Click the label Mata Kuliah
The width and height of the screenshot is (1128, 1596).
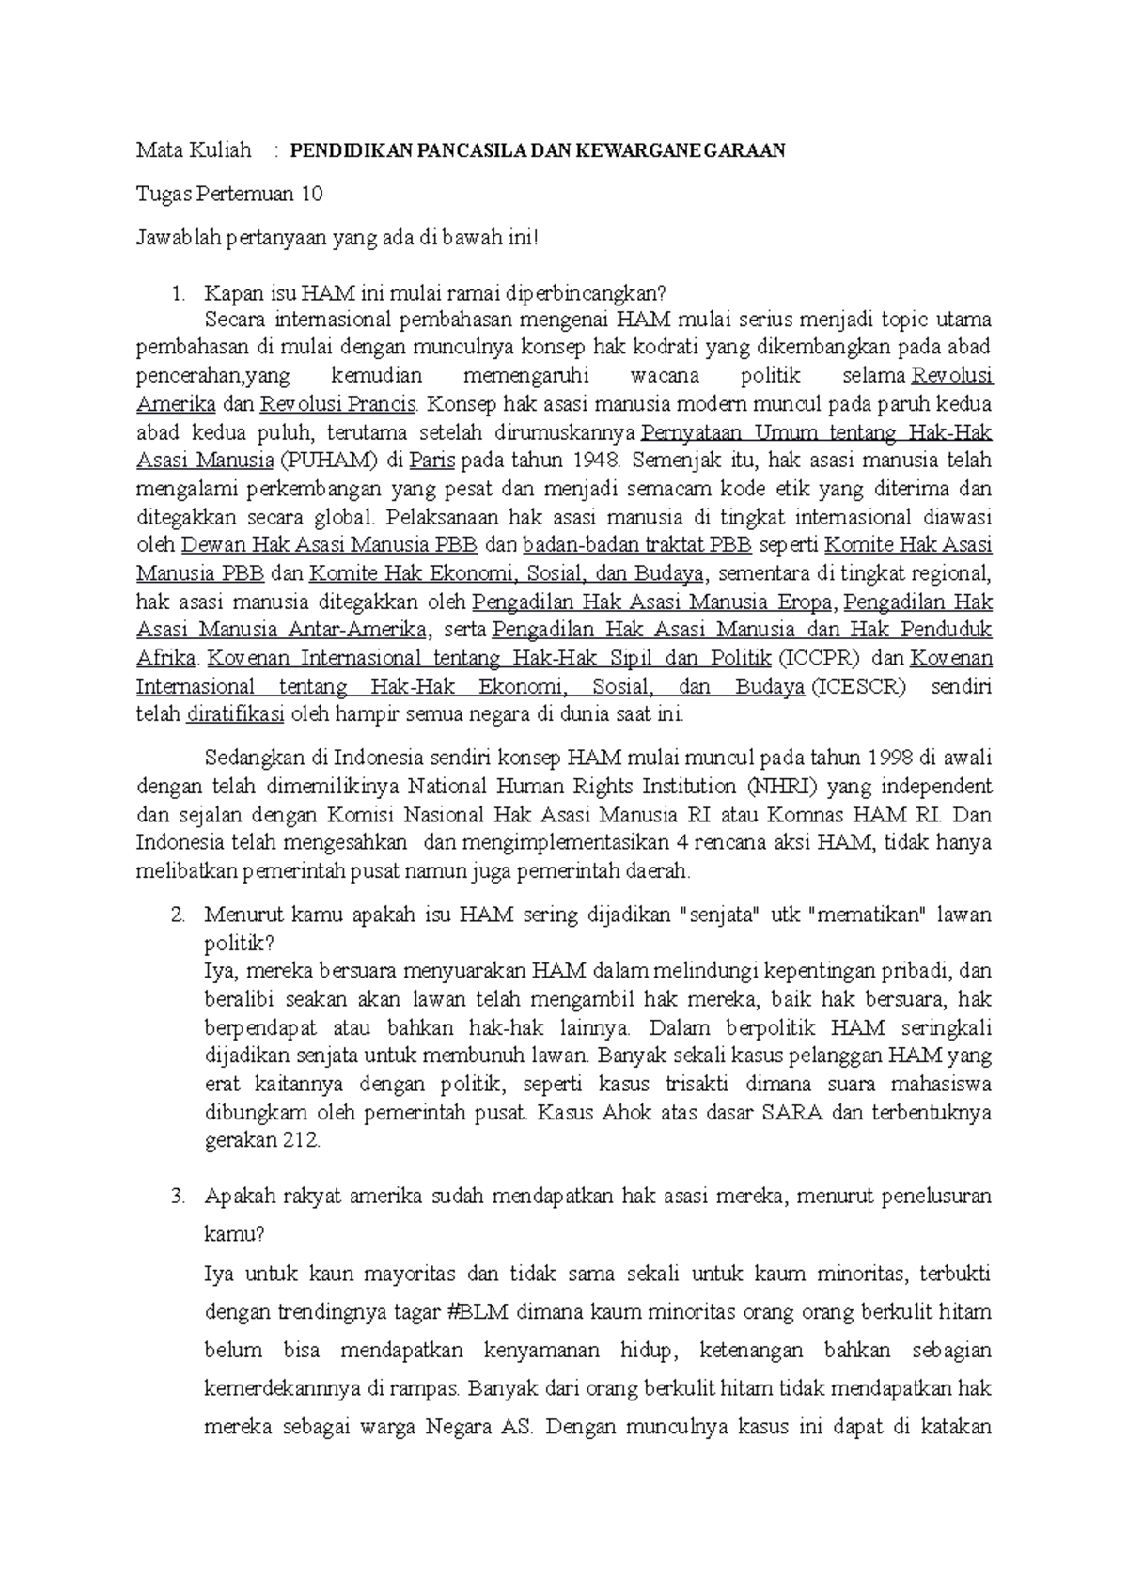[194, 150]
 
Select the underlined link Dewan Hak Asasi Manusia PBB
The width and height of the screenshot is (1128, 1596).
[329, 546]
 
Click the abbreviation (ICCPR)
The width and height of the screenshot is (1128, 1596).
[822, 659]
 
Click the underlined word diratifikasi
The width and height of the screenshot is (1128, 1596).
[235, 715]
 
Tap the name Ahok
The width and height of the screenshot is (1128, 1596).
[624, 1114]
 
